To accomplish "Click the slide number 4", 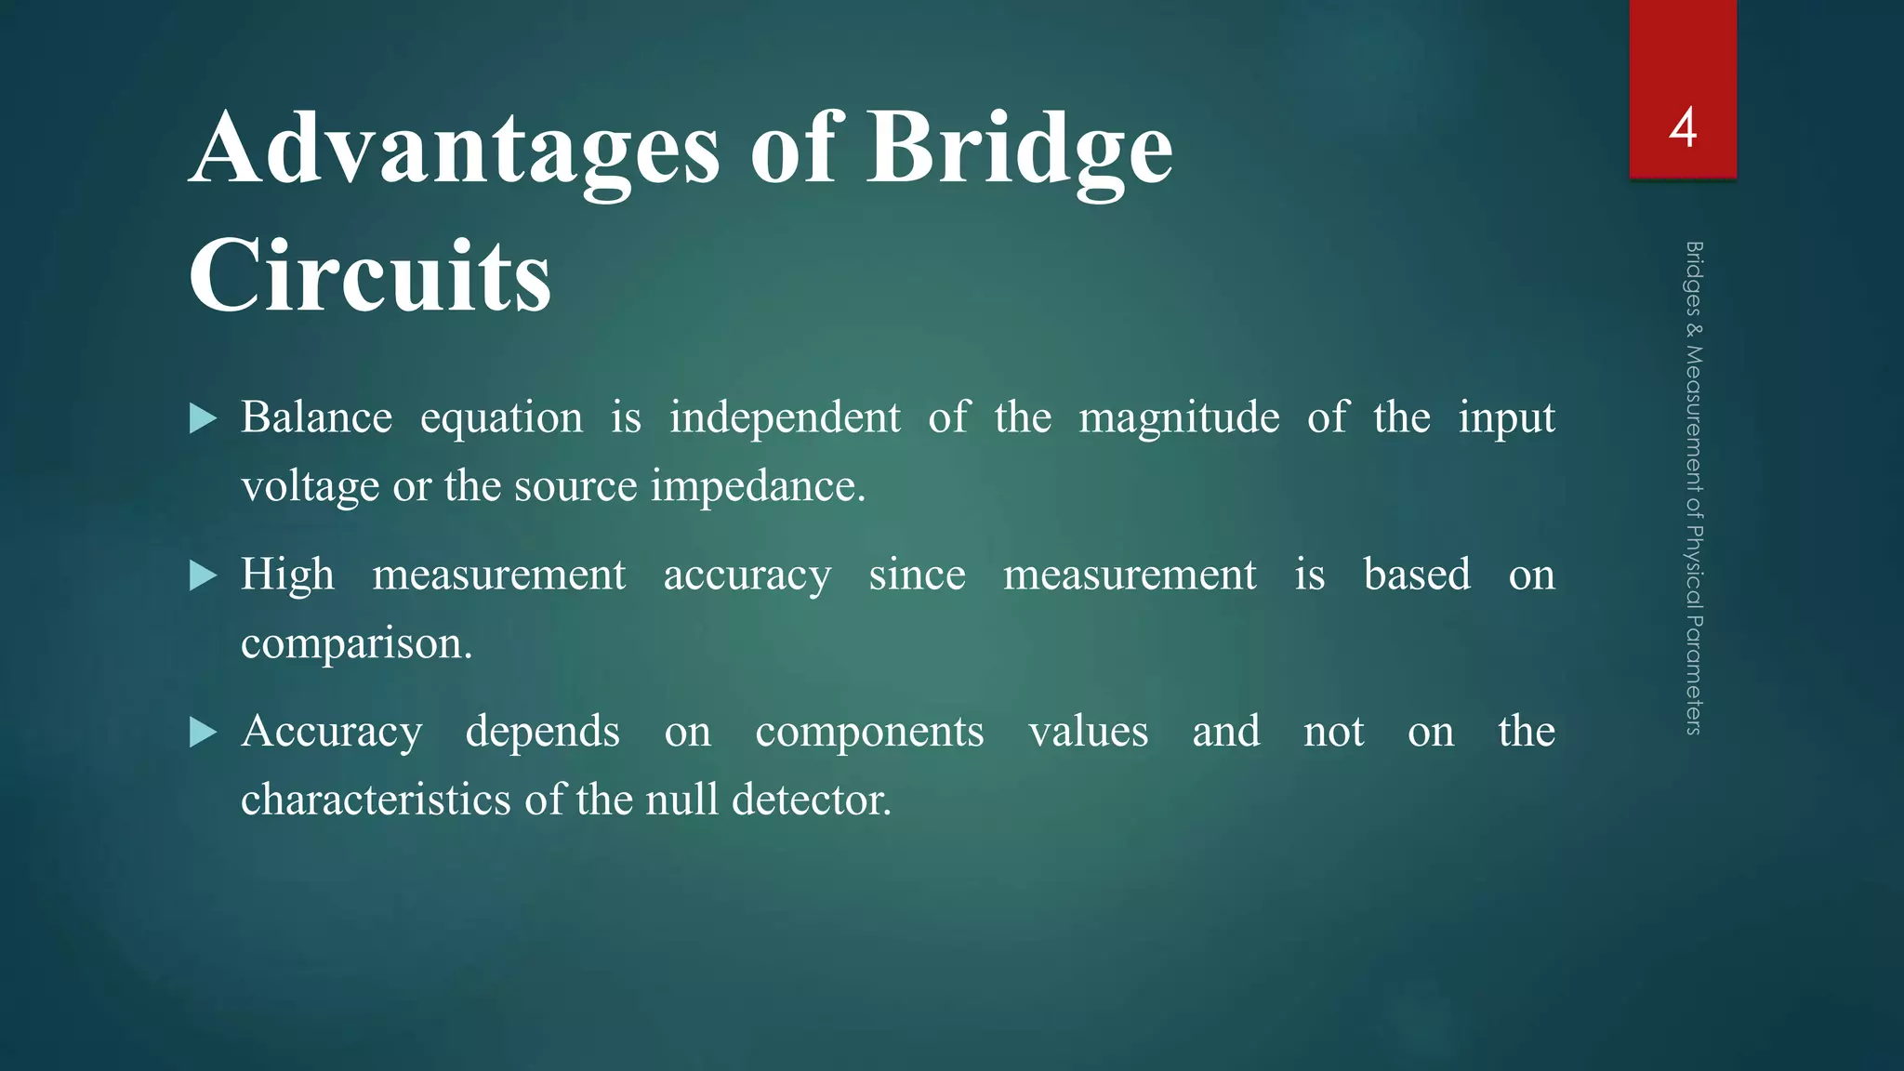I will (x=1683, y=128).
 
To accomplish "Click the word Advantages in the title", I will (x=455, y=149).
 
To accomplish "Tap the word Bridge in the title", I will (x=1019, y=149).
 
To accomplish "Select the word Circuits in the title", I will (x=370, y=276).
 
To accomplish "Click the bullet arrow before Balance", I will (x=203, y=418).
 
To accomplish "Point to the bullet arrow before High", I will (x=203, y=575).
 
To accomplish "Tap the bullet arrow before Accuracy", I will (x=203, y=733).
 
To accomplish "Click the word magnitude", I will (x=1179, y=417).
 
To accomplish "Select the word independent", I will (x=785, y=417).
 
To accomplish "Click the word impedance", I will (x=757, y=486).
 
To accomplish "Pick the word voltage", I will (x=311, y=486).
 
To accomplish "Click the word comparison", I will (x=356, y=643).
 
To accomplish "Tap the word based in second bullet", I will (x=1417, y=575).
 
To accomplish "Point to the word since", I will (x=917, y=575).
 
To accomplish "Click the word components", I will (x=869, y=733).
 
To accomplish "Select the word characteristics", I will (x=376, y=800).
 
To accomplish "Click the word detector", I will (x=811, y=800).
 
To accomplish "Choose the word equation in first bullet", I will (x=501, y=418).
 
